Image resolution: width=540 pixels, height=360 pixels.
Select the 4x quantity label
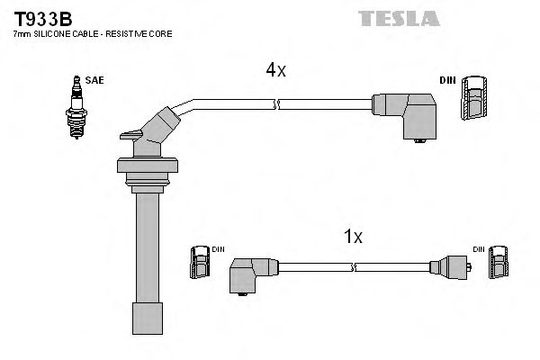(x=274, y=69)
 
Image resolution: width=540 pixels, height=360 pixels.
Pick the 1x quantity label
(x=354, y=238)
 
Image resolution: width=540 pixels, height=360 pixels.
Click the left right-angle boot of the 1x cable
(x=250, y=272)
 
